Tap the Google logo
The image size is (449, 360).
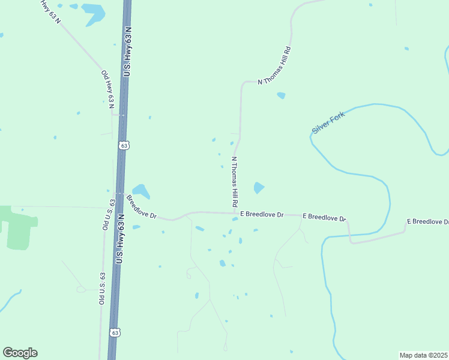coord(20,353)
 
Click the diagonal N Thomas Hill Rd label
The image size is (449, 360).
coord(274,65)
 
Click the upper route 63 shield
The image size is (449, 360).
coord(124,145)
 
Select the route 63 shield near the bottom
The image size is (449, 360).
coord(115,332)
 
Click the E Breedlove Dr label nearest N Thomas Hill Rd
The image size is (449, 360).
coord(262,214)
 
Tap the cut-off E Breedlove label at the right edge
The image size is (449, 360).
coord(427,221)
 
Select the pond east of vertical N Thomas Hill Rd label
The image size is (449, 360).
coord(259,188)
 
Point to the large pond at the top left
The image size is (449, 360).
coord(94,13)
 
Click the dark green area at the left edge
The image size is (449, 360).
coord(17,227)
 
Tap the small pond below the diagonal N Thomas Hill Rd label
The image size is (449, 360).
coord(281,95)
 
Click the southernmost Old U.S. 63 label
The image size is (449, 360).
coord(102,287)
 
